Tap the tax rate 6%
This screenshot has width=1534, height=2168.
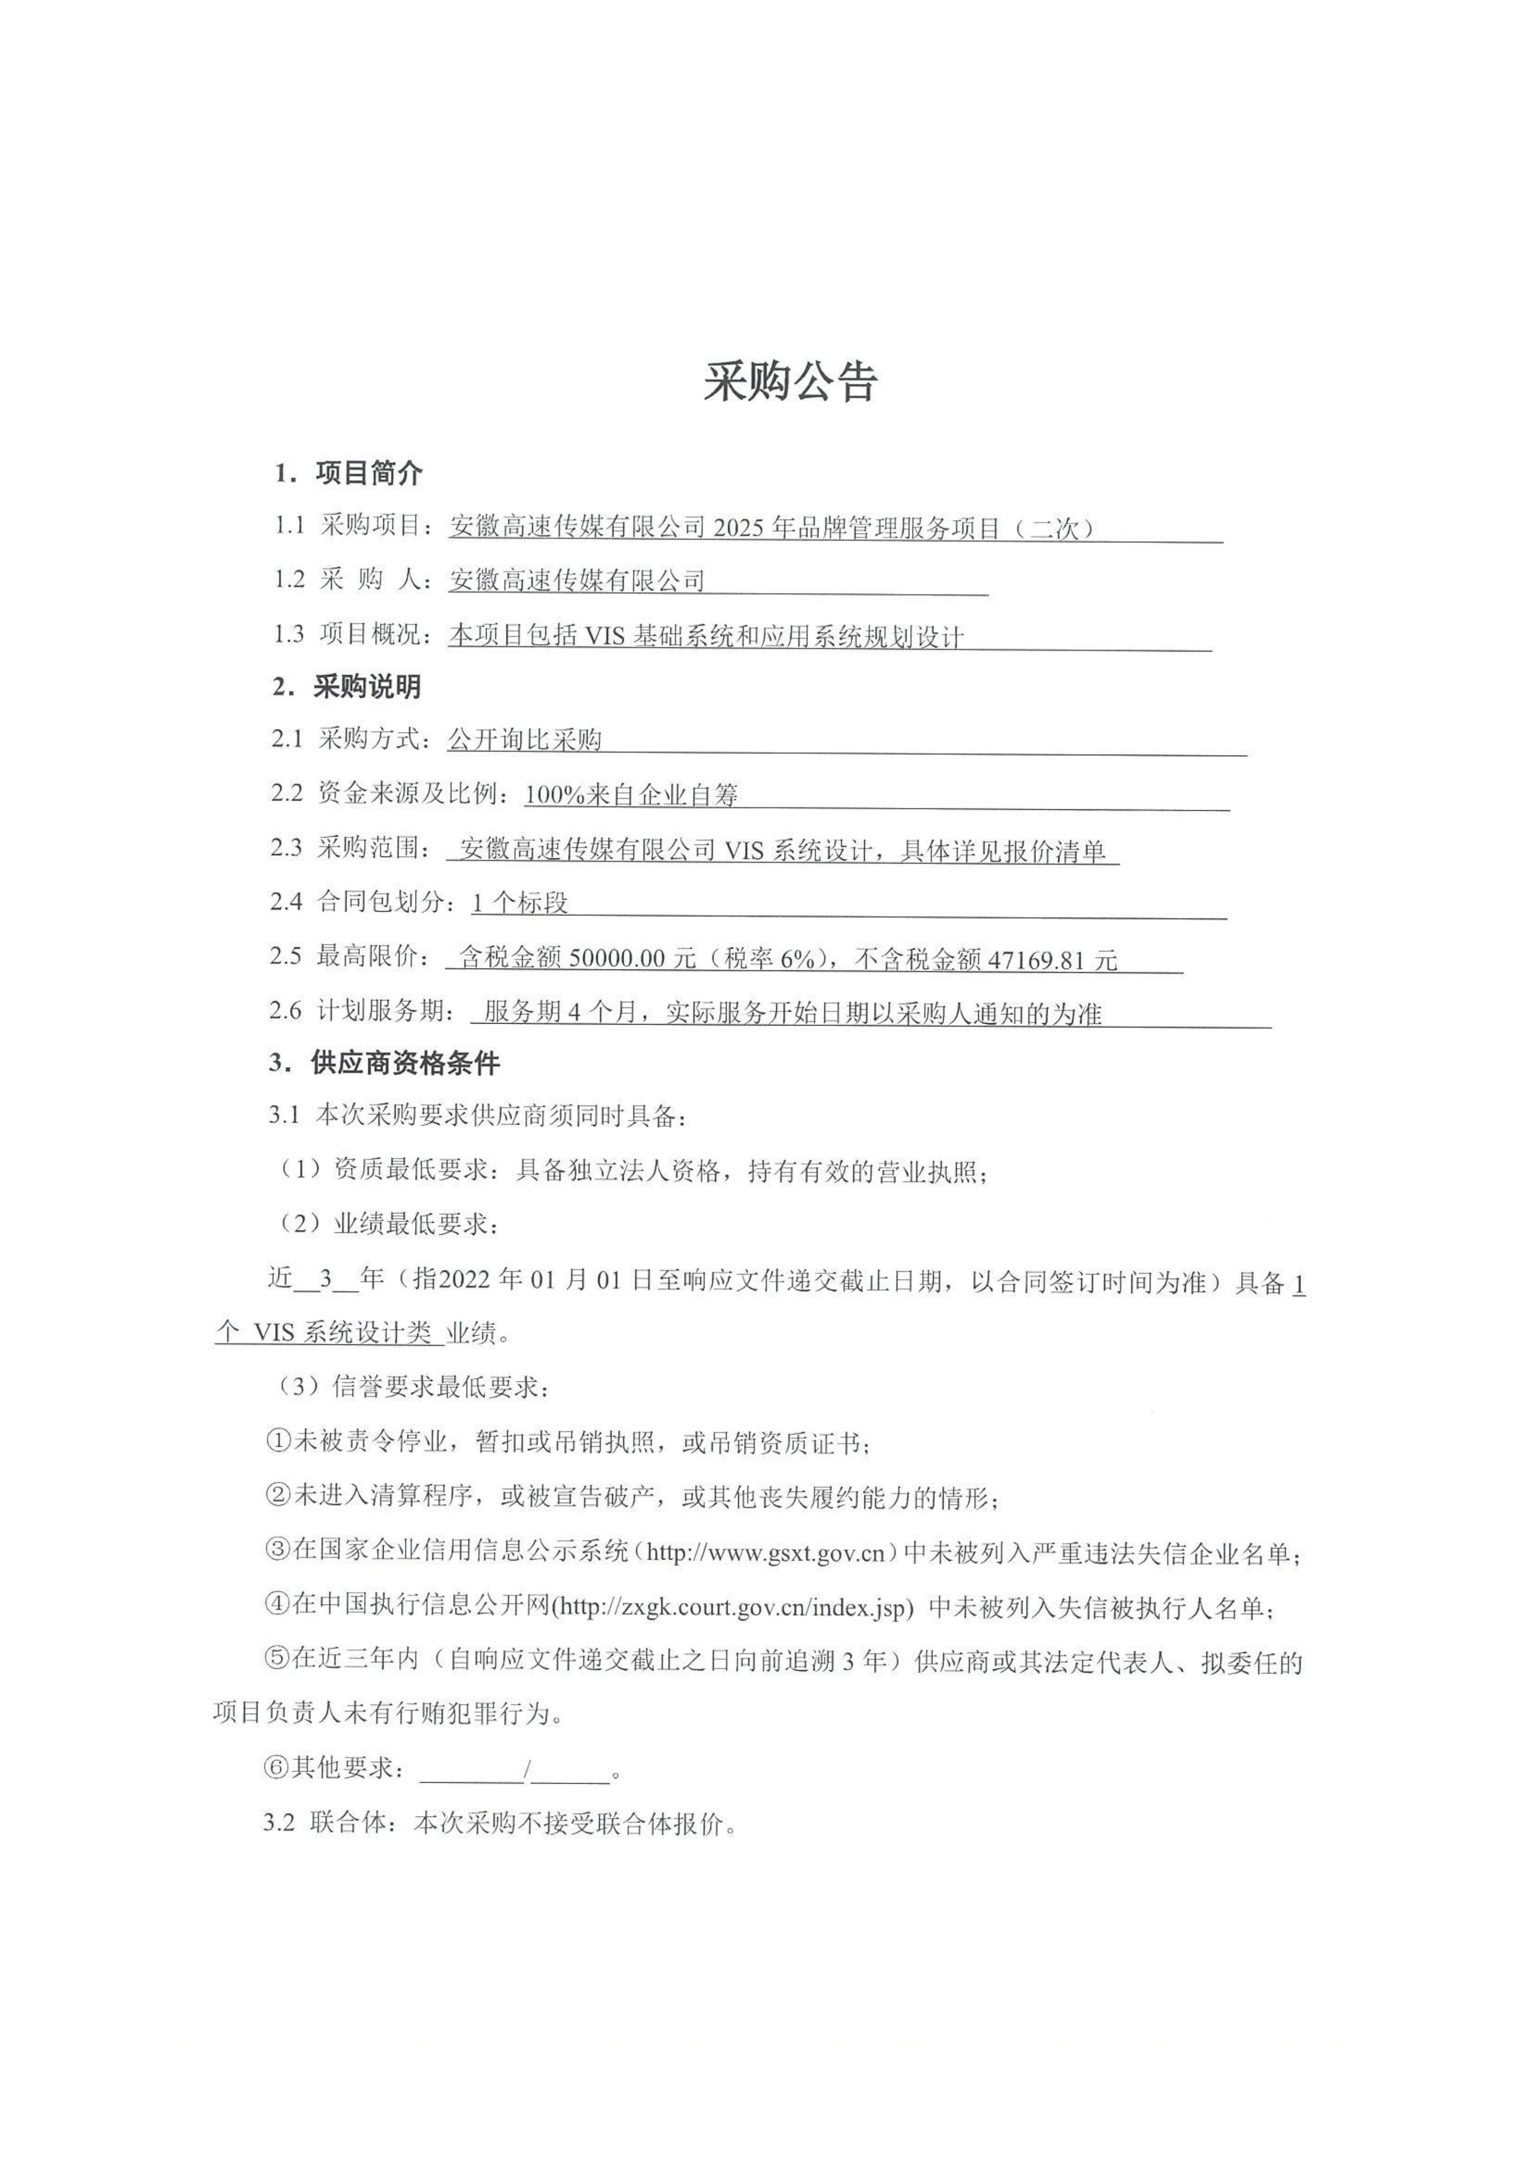796,959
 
